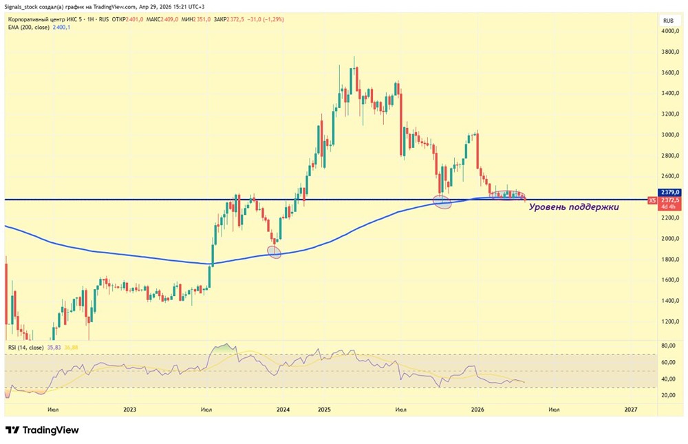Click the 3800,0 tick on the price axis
tap(671, 52)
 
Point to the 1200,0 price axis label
tap(671, 321)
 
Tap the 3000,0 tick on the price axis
tap(671, 135)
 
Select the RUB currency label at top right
tap(667, 21)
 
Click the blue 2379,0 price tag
tap(670, 192)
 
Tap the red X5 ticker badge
tap(652, 200)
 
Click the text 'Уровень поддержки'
tap(573, 206)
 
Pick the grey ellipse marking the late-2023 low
tap(275, 253)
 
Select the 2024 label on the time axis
tap(283, 410)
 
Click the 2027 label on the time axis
tap(630, 410)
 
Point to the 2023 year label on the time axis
tap(130, 410)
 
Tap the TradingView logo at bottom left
tap(42, 430)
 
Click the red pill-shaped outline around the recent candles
tap(508, 195)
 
